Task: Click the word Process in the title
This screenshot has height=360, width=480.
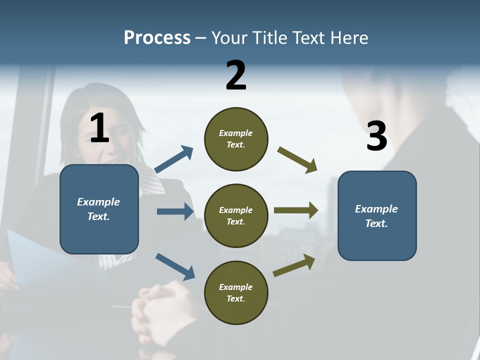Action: [x=157, y=38]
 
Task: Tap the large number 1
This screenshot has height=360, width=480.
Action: [x=99, y=128]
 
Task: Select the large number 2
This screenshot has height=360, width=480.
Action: [x=236, y=75]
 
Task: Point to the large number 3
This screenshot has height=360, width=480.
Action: [x=376, y=136]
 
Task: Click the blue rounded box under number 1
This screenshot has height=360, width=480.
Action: [x=99, y=209]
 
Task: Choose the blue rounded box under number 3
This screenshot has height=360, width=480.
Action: [x=377, y=215]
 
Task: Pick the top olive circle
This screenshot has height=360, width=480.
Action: [x=236, y=139]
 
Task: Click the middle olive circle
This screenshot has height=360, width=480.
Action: [x=236, y=215]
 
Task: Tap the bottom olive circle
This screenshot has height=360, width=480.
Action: [x=236, y=292]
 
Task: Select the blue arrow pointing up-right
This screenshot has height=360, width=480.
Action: [x=174, y=159]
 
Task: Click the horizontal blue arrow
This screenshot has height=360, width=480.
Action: [x=175, y=211]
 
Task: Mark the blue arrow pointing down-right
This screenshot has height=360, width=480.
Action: [x=175, y=266]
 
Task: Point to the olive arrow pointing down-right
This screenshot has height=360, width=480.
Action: [x=297, y=159]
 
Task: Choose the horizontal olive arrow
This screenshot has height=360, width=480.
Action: [x=295, y=210]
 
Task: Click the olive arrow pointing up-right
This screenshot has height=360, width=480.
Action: [x=294, y=265]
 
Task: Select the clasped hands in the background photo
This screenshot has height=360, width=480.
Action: [x=160, y=305]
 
